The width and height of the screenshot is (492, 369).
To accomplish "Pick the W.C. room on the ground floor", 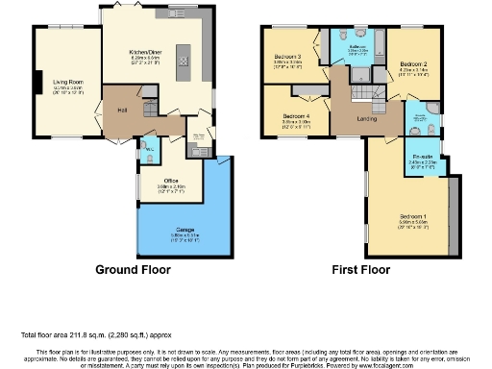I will coord(150,151).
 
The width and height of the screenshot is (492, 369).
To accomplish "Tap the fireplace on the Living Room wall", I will coord(39,84).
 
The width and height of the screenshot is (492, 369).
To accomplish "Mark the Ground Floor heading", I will coord(128,270).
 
